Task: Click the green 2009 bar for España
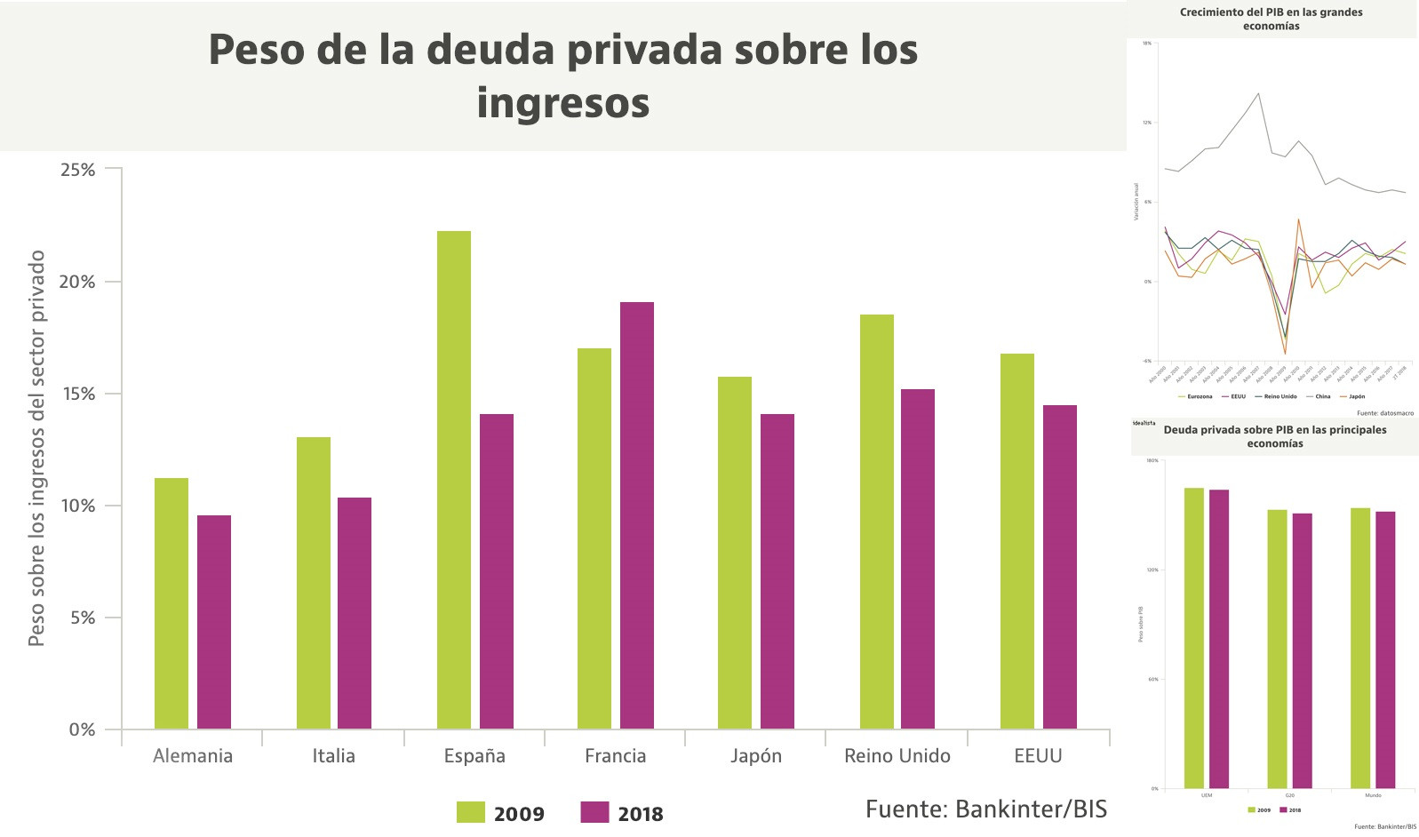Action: (454, 480)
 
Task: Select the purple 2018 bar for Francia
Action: (637, 515)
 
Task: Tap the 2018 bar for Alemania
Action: (214, 622)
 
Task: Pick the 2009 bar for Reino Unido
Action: (877, 522)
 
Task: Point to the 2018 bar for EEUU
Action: (1060, 567)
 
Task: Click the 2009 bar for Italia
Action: (314, 583)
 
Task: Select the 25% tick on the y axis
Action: (78, 170)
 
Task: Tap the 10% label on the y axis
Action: (78, 506)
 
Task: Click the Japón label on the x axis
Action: (756, 756)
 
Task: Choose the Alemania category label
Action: (193, 756)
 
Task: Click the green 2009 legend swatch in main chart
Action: (471, 812)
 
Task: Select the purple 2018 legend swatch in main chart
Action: (594, 812)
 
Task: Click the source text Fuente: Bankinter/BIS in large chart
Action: (986, 809)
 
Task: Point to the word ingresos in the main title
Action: (563, 103)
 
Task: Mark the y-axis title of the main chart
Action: (36, 448)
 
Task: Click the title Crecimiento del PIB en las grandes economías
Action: (1271, 19)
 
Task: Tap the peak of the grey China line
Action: (1258, 93)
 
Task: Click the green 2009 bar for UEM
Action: (1194, 638)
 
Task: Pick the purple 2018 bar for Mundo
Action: (1385, 650)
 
